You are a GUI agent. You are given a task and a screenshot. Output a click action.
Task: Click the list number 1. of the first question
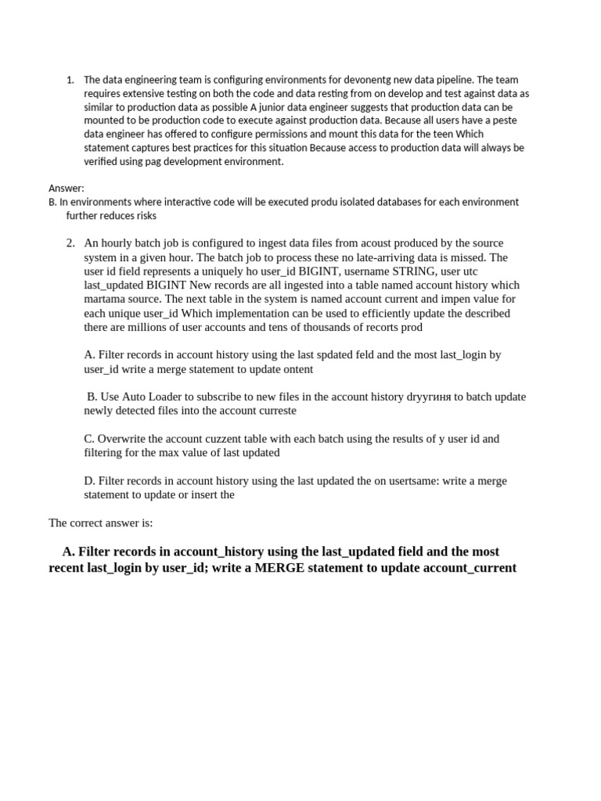(70, 80)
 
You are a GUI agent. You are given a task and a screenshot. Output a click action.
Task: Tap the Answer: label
(66, 189)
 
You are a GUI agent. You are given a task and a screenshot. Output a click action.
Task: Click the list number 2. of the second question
(70, 243)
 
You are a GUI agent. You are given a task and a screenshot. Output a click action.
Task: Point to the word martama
(106, 300)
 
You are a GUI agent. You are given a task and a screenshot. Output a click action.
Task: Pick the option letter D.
(89, 481)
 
